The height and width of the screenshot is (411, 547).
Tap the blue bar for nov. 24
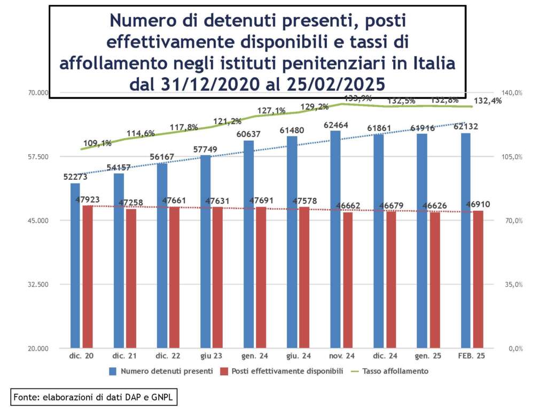pyautogui.click(x=335, y=239)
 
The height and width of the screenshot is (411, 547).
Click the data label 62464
pyautogui.click(x=336, y=125)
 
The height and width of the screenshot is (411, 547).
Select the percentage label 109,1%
pyautogui.click(x=98, y=143)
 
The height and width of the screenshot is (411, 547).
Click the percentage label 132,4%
pyautogui.click(x=487, y=101)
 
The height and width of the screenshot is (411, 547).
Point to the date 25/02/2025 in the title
pyautogui.click(x=335, y=84)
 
